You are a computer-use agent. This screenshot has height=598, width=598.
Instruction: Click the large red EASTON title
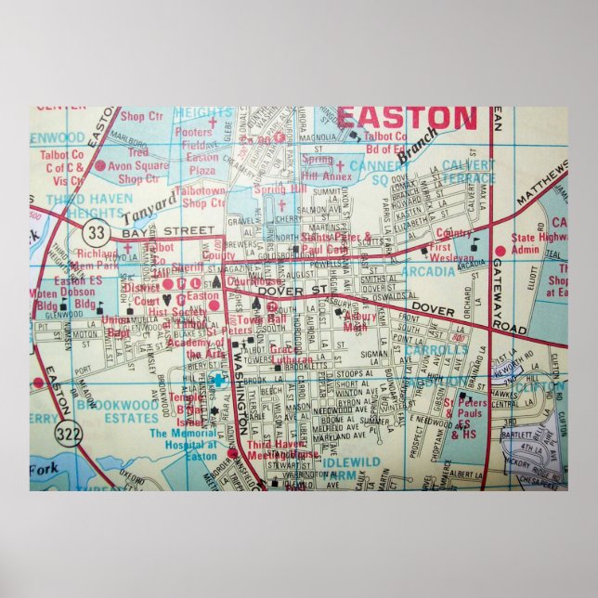406,118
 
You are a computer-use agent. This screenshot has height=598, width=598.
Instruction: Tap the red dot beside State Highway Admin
500,251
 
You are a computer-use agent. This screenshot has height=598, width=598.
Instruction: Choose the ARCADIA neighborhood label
428,271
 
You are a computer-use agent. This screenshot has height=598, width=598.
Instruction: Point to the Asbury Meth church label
362,321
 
